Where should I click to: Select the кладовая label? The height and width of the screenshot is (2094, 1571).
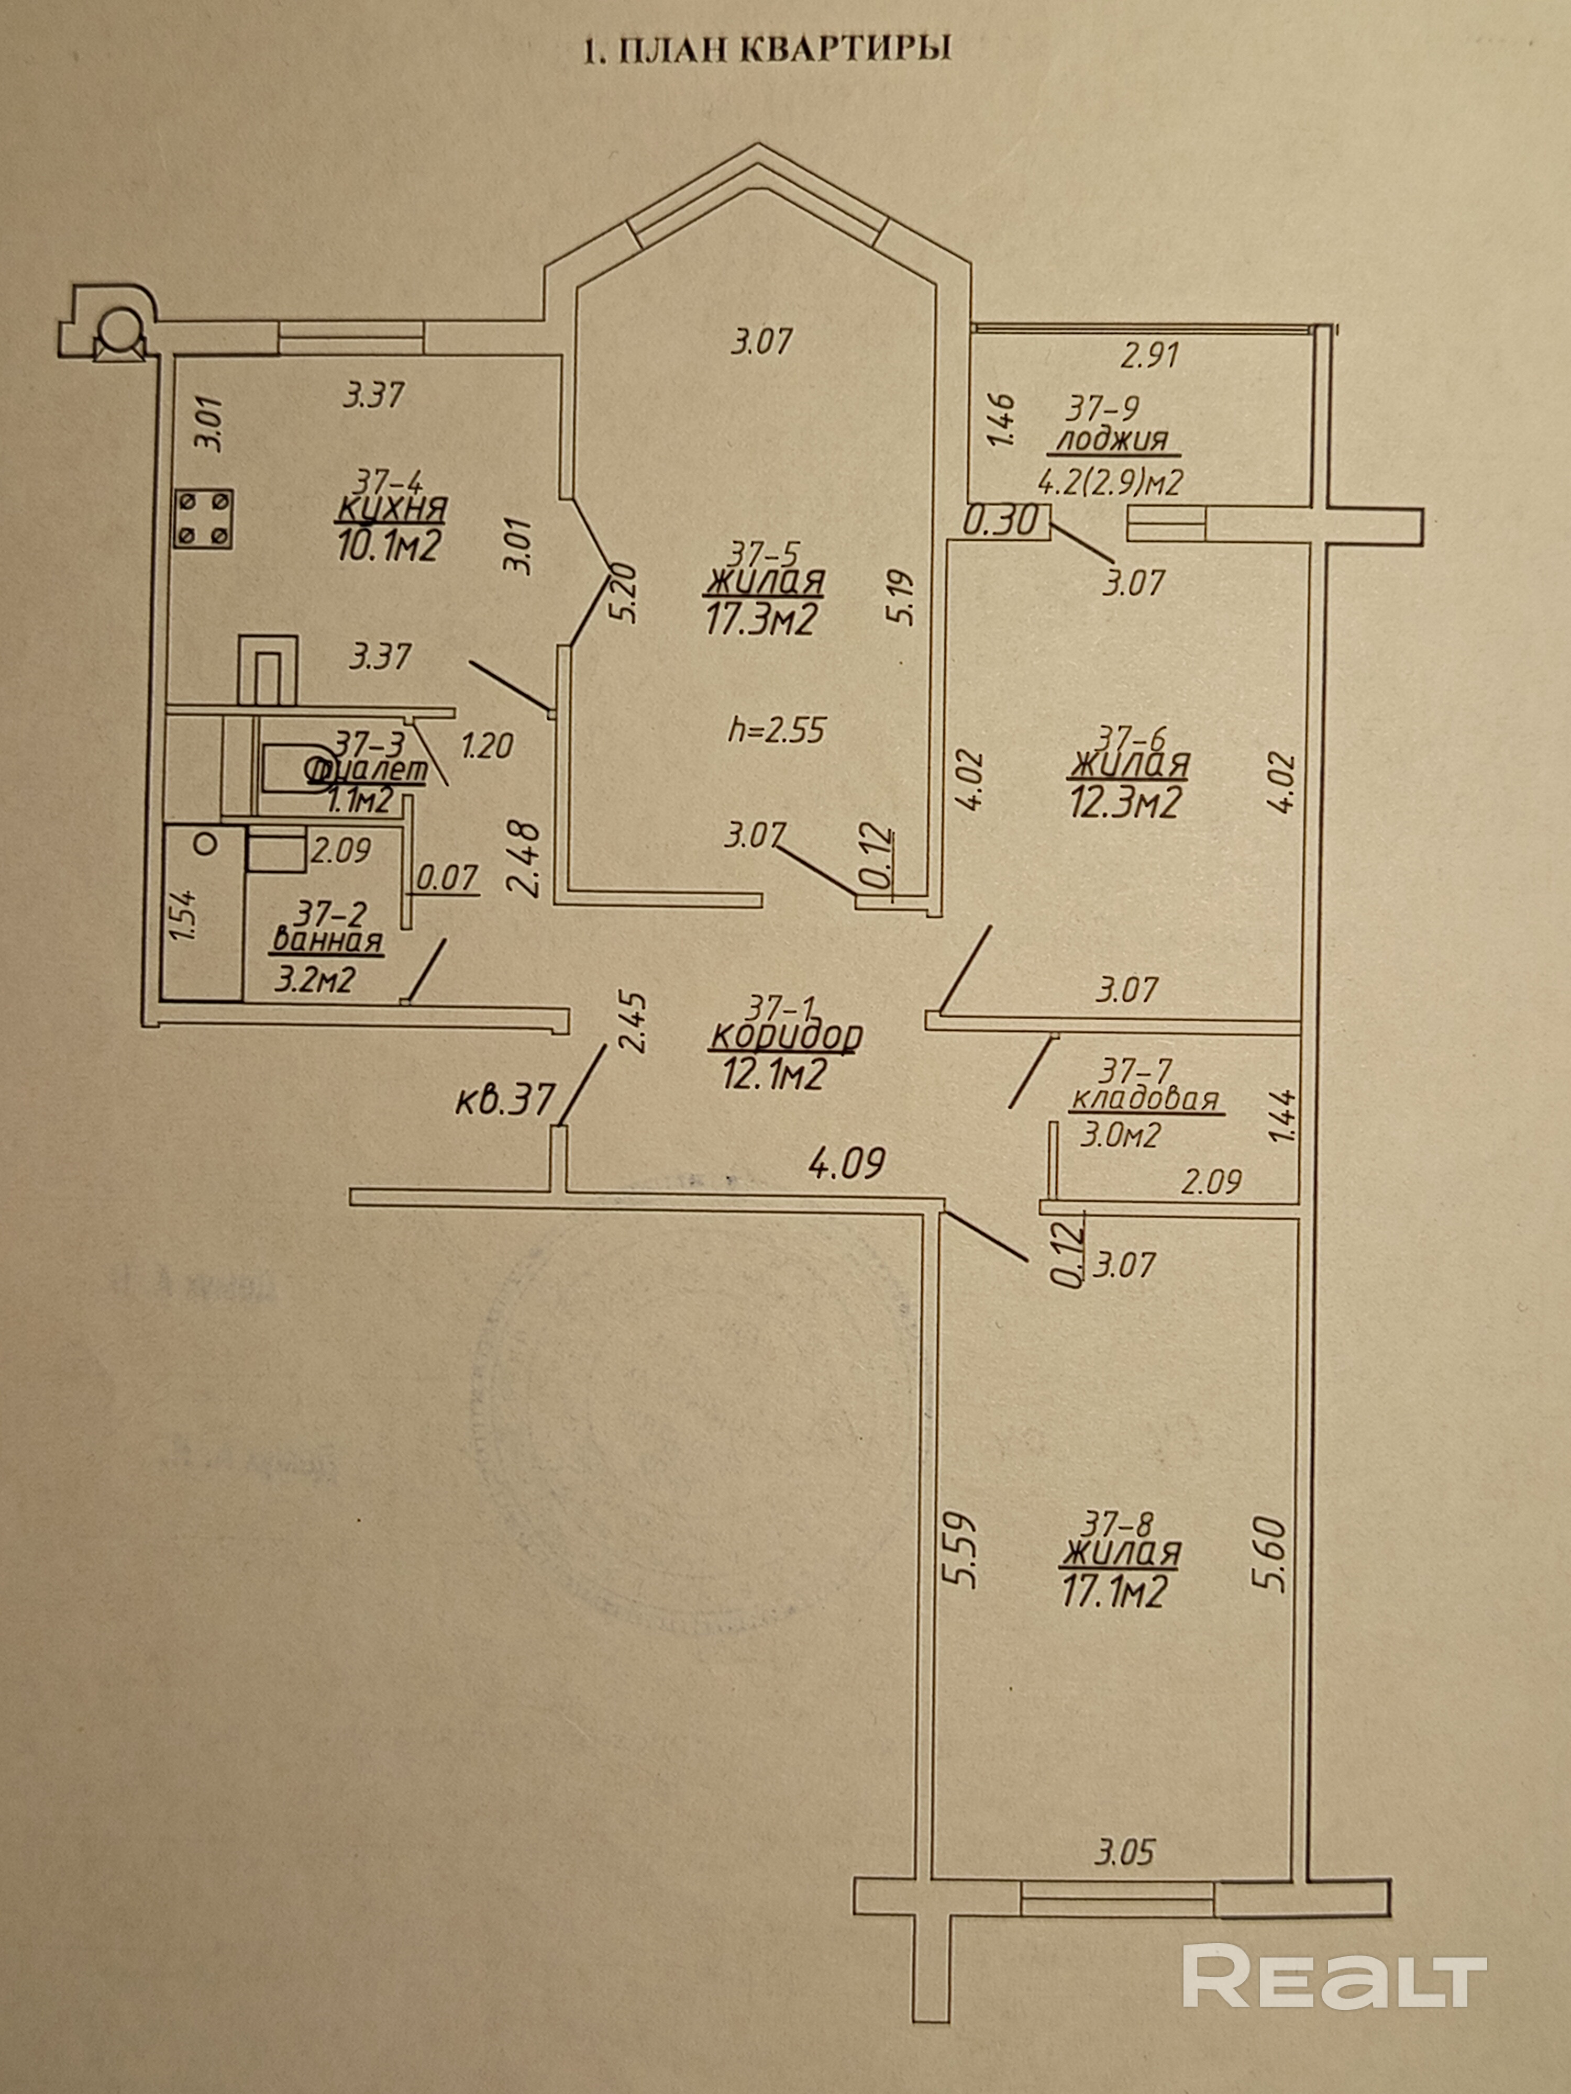(1143, 1100)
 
